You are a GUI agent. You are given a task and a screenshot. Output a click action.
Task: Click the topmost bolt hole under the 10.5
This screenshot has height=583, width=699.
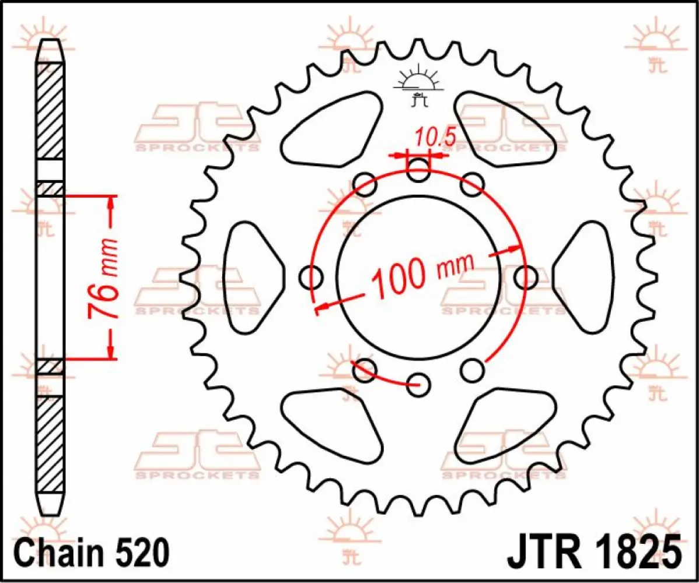[x=418, y=171]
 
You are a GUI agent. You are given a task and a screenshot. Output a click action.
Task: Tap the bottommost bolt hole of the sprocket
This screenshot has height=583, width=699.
[x=418, y=384]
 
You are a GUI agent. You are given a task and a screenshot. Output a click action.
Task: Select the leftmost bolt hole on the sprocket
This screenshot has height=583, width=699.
[x=311, y=278]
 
